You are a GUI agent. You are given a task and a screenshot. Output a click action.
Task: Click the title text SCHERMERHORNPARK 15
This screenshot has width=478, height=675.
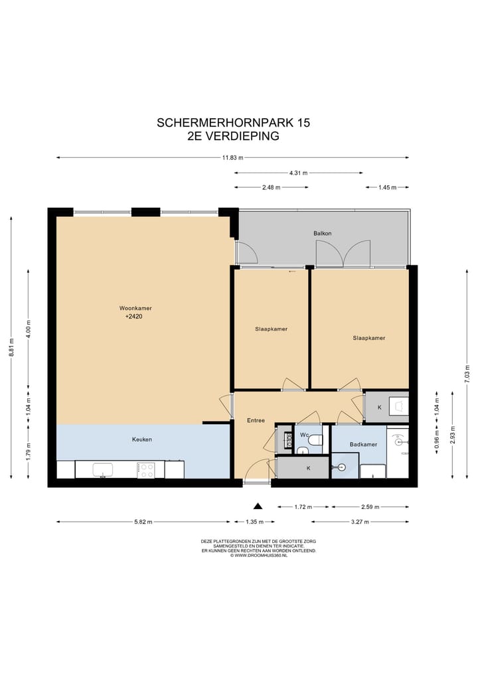coord(233,123)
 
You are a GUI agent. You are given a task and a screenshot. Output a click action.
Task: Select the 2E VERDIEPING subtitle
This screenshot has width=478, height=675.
coord(233,136)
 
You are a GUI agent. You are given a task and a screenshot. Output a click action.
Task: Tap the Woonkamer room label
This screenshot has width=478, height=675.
coord(131,308)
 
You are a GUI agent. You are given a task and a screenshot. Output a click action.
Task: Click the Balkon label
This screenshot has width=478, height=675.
coord(323,234)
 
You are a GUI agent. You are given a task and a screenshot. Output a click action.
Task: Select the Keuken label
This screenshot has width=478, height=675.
coord(142,439)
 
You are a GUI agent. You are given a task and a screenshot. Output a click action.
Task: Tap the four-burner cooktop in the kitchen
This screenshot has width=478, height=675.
coord(146,470)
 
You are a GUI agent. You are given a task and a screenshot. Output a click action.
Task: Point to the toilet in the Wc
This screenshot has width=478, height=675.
coord(316,439)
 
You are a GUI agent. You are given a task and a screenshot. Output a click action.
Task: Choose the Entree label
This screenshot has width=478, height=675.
coord(256,420)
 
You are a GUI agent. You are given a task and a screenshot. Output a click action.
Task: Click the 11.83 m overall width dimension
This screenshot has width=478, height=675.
coord(232,157)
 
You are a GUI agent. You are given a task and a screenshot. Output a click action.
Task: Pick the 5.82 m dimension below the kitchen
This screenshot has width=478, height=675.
coord(143,522)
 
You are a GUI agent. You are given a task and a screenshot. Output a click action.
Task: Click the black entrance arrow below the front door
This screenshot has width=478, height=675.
coord(258,506)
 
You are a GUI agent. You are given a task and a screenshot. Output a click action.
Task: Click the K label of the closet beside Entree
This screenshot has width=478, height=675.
coord(308,469)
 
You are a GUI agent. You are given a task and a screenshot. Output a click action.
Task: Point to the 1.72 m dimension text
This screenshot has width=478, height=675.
coord(303,507)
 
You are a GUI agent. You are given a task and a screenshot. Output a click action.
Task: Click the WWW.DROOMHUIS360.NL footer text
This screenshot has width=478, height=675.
coord(259,556)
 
